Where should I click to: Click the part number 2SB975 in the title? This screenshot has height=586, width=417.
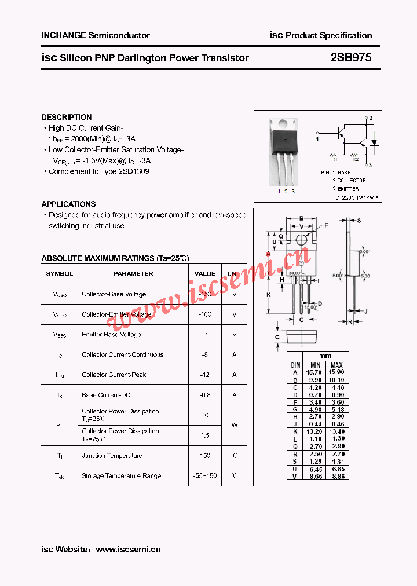351,58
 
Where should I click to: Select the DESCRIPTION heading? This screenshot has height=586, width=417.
66,117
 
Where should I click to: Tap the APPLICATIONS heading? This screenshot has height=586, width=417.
68,204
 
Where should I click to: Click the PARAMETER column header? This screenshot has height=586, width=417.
133,274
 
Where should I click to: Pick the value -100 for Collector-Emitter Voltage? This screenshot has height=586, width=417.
205,314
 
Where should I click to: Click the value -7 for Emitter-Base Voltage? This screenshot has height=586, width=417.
205,335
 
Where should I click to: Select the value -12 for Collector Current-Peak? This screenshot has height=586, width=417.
205,375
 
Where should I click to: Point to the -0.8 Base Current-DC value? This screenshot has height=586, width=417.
205,395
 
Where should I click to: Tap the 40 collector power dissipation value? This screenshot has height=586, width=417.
205,415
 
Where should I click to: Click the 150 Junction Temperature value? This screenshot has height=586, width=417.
205,456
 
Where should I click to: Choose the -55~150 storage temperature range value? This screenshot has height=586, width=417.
205,476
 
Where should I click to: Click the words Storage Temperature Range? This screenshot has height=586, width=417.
121,476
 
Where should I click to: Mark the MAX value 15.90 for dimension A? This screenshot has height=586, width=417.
336,372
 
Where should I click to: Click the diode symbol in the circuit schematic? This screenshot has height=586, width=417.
374,142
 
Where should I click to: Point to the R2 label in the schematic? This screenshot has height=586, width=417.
356,158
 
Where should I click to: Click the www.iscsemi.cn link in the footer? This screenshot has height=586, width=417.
128,550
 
